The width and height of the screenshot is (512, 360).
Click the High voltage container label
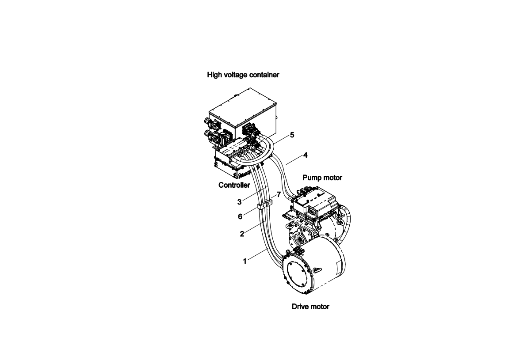tap(243, 75)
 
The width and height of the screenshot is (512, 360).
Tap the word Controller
tap(234, 185)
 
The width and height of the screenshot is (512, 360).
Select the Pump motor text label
tap(322, 178)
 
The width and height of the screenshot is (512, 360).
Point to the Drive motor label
tap(310, 307)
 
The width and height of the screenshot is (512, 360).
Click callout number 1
tap(245, 261)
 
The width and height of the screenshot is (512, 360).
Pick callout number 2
tap(242, 234)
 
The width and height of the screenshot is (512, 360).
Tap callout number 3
tap(239, 202)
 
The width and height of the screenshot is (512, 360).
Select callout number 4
tap(306, 155)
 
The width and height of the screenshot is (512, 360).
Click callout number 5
tap(292, 135)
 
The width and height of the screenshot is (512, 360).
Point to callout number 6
tap(240, 216)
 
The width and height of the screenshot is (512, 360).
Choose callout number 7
tap(279, 195)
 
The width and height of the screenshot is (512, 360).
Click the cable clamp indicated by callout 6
tap(262, 206)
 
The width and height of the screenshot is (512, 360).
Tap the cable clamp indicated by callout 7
tap(269, 203)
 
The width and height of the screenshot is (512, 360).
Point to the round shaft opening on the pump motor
tap(299, 241)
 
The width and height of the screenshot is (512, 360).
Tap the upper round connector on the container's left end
tap(207, 121)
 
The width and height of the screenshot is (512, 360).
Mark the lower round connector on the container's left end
tap(207, 134)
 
